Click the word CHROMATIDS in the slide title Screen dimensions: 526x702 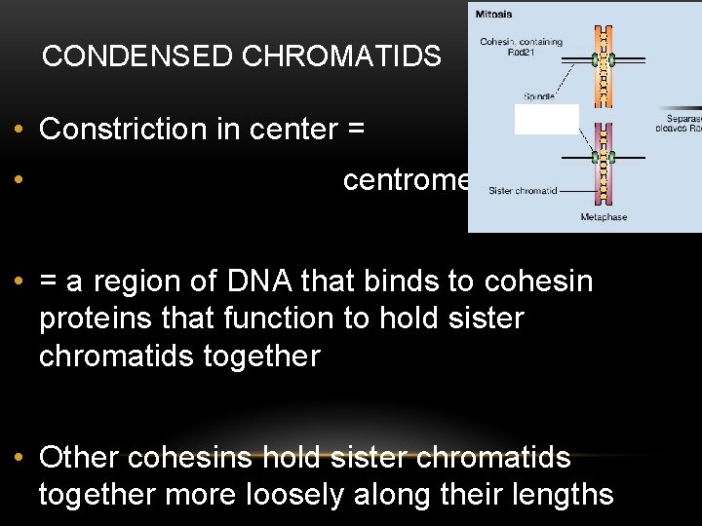pyautogui.click(x=340, y=56)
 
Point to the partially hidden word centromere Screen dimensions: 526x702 pyautogui.click(x=406, y=181)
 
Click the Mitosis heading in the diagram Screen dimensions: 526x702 pyautogui.click(x=492, y=15)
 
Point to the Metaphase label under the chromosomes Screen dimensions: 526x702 pyautogui.click(x=604, y=216)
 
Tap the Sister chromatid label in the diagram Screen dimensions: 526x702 pyautogui.click(x=523, y=191)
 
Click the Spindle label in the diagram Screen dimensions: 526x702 pyautogui.click(x=540, y=96)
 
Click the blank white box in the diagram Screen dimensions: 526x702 pyautogui.click(x=546, y=119)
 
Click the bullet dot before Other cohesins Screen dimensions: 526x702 pyautogui.click(x=19, y=458)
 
